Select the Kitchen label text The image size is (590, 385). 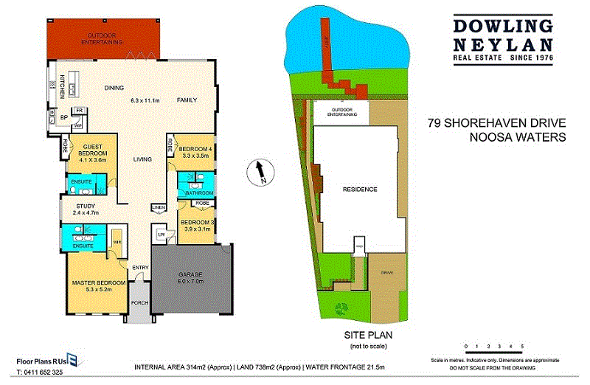63,86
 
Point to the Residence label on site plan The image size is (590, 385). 360,190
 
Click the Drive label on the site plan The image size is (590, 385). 387,273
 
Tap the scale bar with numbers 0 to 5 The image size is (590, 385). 493,346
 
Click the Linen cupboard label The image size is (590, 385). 157,207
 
